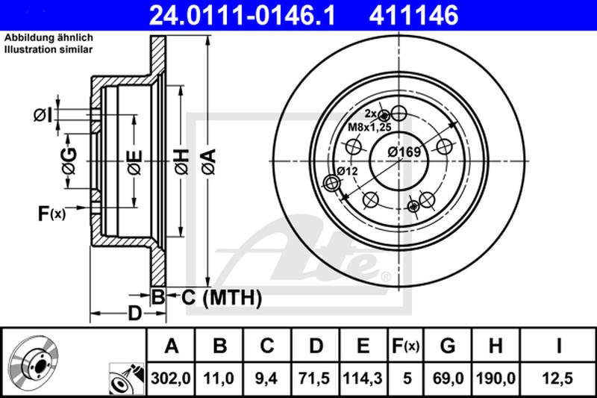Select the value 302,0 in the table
point(172,379)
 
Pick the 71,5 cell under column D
point(317,379)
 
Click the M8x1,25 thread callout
point(371,128)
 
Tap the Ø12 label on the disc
point(348,171)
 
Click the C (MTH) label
point(222,298)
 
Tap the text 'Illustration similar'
point(49,49)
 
